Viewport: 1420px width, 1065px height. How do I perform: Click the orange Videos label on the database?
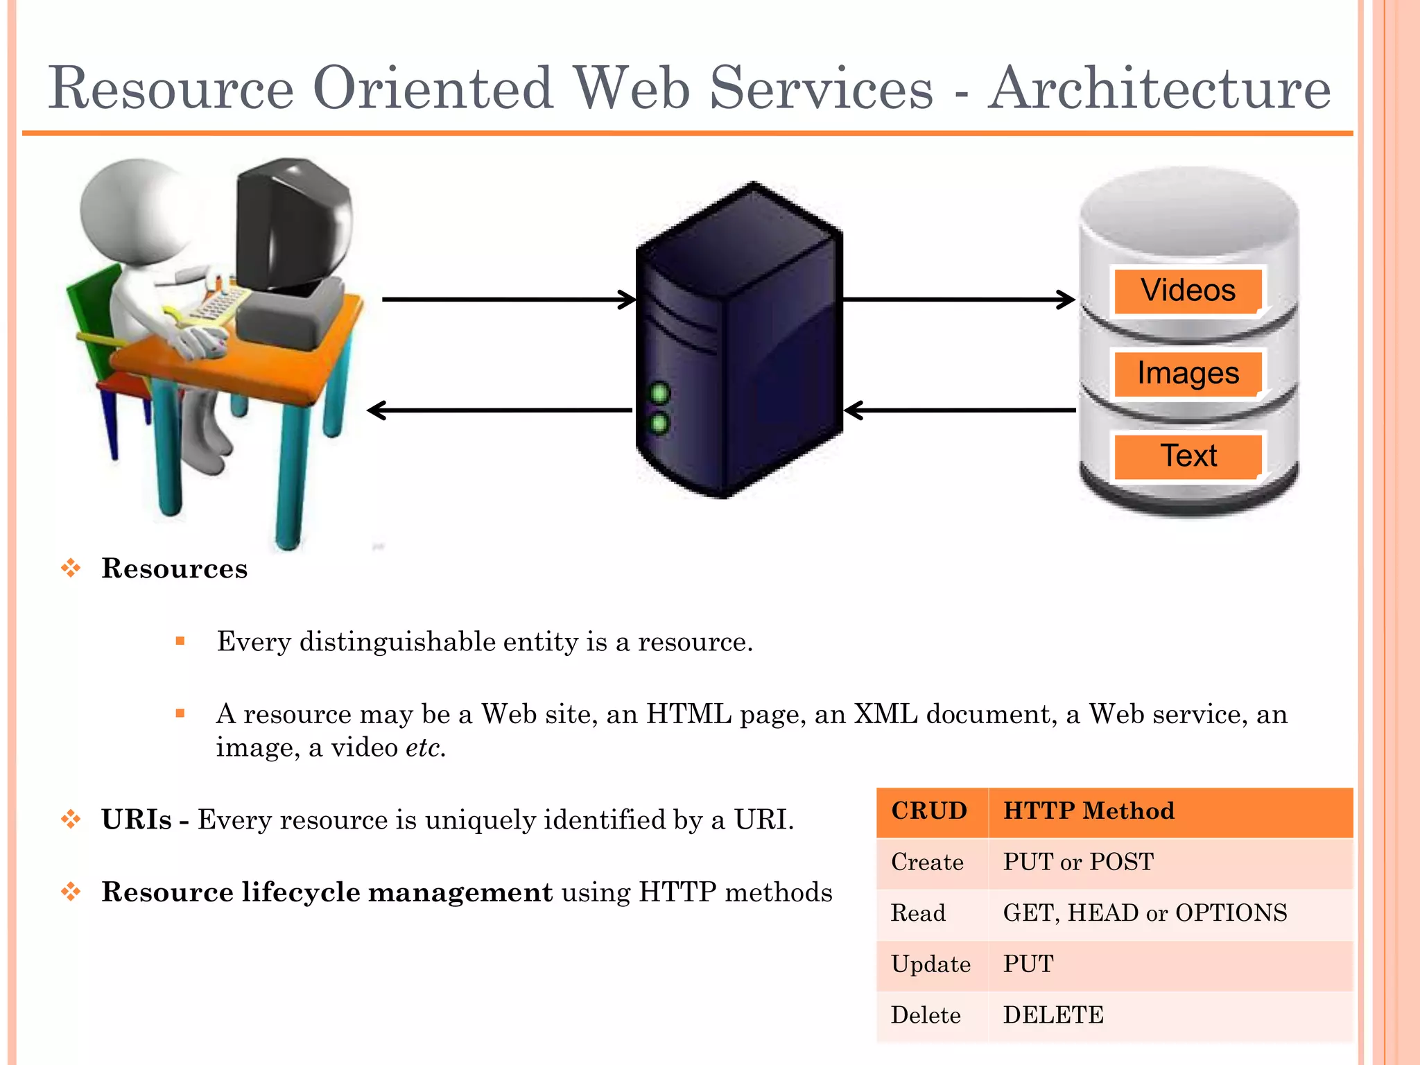(1188, 291)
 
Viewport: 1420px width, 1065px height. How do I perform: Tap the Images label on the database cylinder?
(1188, 373)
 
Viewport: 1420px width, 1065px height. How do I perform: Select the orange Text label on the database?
(1188, 456)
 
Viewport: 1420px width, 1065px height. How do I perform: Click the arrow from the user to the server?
(508, 300)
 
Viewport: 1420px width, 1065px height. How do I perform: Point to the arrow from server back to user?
(499, 410)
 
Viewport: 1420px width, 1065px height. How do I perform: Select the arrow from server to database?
(958, 300)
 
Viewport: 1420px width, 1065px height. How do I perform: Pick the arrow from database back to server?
(960, 410)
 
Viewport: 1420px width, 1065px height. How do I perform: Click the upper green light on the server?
(659, 394)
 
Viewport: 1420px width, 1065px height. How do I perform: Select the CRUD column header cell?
(929, 811)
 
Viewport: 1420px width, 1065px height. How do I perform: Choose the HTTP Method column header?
(1089, 811)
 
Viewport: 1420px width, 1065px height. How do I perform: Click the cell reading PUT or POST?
(1078, 862)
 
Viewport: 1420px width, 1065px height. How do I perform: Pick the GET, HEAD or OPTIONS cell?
(1145, 913)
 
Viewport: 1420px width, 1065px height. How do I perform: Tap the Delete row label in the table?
(926, 1015)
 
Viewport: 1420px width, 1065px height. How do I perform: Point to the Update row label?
(930, 964)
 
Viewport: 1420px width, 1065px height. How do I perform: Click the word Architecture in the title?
(1159, 88)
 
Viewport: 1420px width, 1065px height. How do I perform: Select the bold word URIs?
(136, 820)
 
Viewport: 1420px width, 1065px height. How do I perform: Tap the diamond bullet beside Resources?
(71, 569)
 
